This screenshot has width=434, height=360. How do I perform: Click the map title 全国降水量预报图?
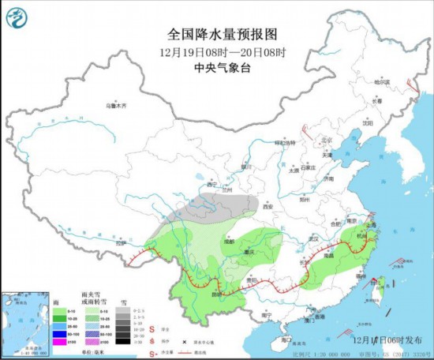217,35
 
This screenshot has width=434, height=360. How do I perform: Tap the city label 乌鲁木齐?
117,105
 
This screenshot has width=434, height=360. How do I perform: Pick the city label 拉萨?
120,243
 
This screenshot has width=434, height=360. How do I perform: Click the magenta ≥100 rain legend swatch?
59,342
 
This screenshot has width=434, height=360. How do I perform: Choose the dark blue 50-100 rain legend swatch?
59,334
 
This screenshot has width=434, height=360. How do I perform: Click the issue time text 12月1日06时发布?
379,338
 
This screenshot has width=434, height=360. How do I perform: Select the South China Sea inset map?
25,320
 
